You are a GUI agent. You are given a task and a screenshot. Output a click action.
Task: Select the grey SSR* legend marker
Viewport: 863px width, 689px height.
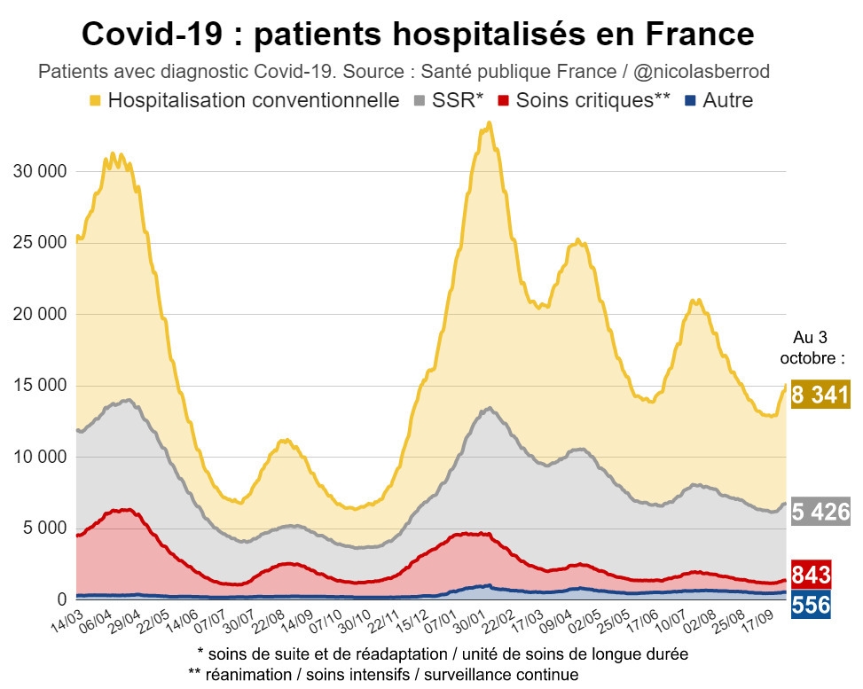coord(419,100)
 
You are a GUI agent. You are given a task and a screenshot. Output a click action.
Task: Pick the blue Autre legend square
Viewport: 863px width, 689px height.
coord(691,100)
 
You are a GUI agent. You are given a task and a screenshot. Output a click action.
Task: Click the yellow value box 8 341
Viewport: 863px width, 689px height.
coord(820,395)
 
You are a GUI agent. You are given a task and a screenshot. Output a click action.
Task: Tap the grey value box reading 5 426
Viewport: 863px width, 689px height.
coord(820,512)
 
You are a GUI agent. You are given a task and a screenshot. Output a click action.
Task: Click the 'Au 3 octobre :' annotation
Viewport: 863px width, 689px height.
coord(813,348)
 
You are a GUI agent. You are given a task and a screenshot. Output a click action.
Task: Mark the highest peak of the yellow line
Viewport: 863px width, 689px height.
coord(489,123)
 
